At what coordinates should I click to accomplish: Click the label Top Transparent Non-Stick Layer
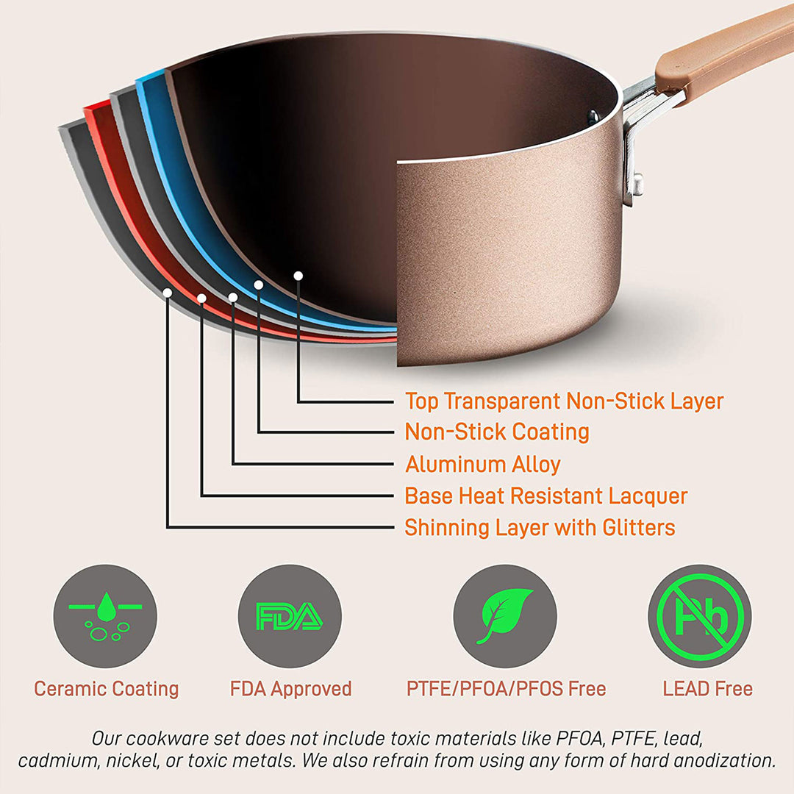tap(564, 401)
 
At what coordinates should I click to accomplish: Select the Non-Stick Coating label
tap(497, 432)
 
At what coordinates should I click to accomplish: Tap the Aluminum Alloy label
tap(483, 465)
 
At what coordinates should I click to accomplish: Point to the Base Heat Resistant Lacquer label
tap(546, 496)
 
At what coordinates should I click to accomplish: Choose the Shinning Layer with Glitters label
tap(540, 528)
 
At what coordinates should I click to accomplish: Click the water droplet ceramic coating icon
tap(105, 616)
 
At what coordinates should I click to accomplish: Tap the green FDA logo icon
tap(290, 616)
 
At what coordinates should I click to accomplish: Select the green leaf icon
tap(504, 616)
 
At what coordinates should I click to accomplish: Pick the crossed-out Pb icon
tap(699, 616)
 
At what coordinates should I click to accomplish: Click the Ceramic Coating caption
tap(106, 689)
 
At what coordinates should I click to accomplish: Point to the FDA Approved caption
tap(290, 689)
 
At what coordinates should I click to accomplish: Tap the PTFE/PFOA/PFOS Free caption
tap(506, 689)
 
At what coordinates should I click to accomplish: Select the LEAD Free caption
tap(707, 689)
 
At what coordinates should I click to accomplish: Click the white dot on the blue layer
tap(258, 284)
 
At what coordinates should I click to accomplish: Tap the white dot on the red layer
tap(201, 298)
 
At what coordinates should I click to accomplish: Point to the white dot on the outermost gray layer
tap(168, 293)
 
